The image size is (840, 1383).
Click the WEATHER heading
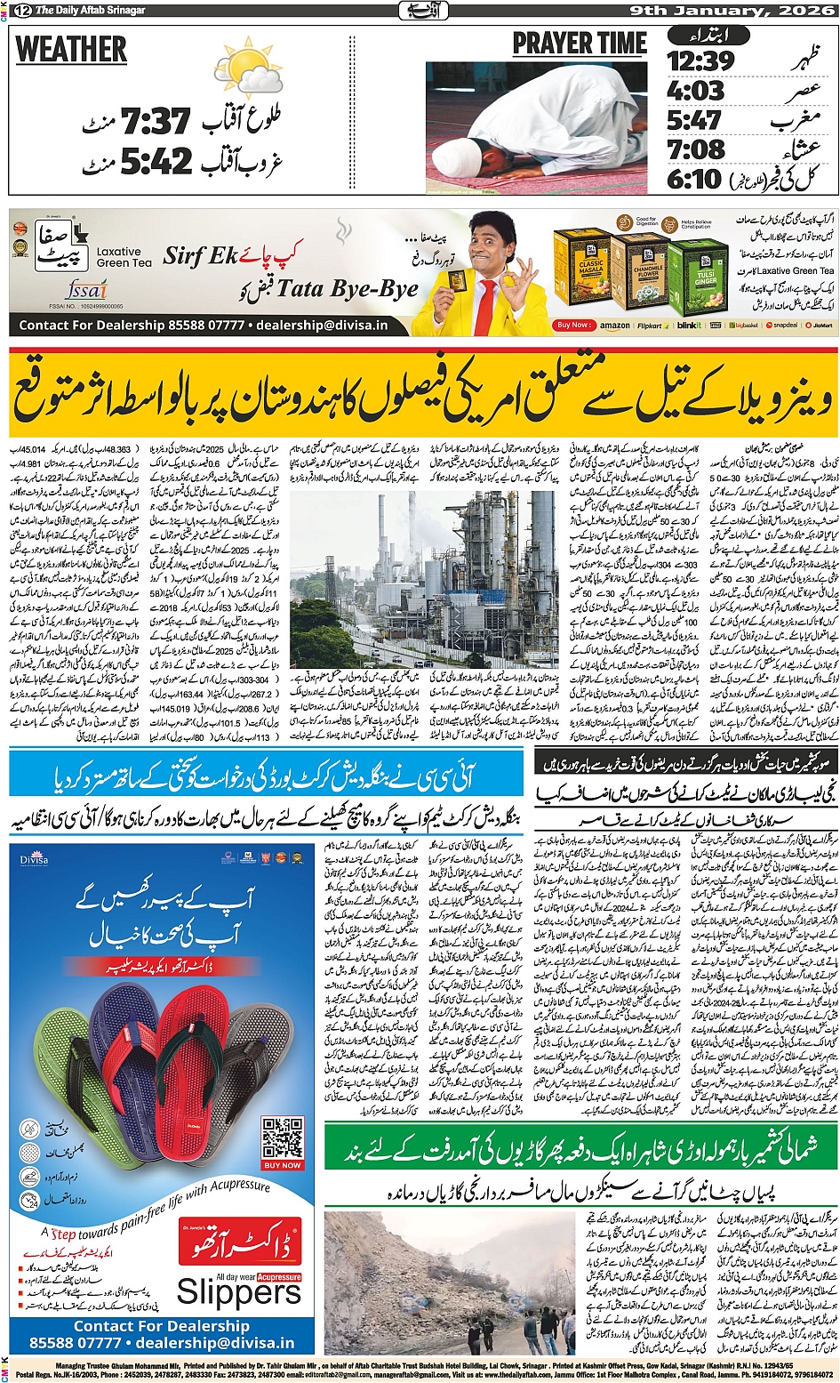[x=72, y=50]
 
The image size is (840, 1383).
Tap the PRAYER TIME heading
[x=579, y=44]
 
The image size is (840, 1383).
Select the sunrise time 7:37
[x=156, y=122]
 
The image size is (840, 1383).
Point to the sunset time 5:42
[x=156, y=161]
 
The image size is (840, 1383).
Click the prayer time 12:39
[x=700, y=61]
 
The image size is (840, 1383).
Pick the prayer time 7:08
[x=696, y=149]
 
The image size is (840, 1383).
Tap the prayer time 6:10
[x=694, y=179]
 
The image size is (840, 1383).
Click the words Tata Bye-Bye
[x=347, y=288]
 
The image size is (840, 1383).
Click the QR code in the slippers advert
[x=283, y=1138]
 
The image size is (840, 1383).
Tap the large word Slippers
[x=238, y=1291]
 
